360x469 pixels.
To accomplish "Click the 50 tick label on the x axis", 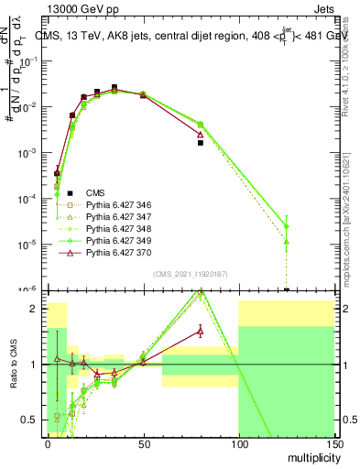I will tap(143, 442).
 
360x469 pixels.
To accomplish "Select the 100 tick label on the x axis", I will tap(238, 442).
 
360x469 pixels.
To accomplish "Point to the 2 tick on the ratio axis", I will tap(38, 309).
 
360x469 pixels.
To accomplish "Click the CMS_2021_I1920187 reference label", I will tap(190, 274).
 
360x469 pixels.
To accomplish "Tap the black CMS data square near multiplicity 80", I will tap(201, 143).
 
